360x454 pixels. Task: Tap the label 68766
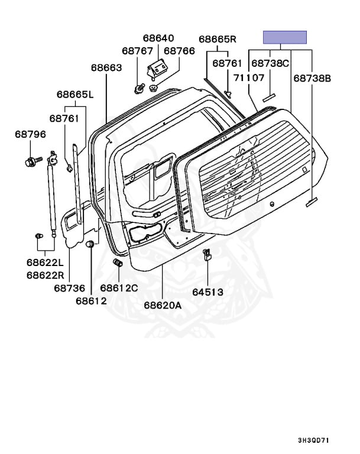click(179, 51)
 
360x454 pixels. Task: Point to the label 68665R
click(217, 40)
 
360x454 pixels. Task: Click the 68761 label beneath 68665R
click(228, 63)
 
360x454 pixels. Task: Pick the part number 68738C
click(270, 63)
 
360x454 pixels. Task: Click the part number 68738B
click(312, 77)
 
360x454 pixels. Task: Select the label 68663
click(106, 68)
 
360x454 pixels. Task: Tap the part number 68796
click(30, 135)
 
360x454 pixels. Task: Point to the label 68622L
click(44, 262)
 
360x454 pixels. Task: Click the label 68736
click(69, 288)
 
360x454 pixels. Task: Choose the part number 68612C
click(119, 288)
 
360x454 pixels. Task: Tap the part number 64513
click(208, 291)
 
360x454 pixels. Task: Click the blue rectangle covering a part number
click(285, 37)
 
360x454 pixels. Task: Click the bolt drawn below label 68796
click(32, 160)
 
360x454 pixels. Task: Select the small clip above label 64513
click(207, 255)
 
